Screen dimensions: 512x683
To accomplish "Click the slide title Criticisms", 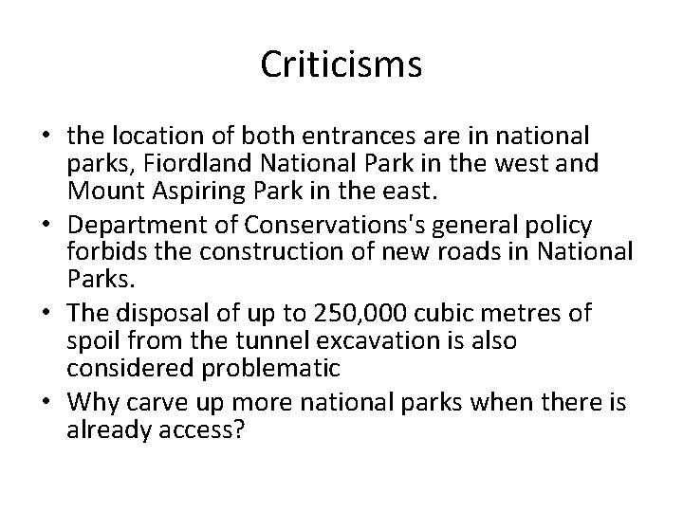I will [x=341, y=65].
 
